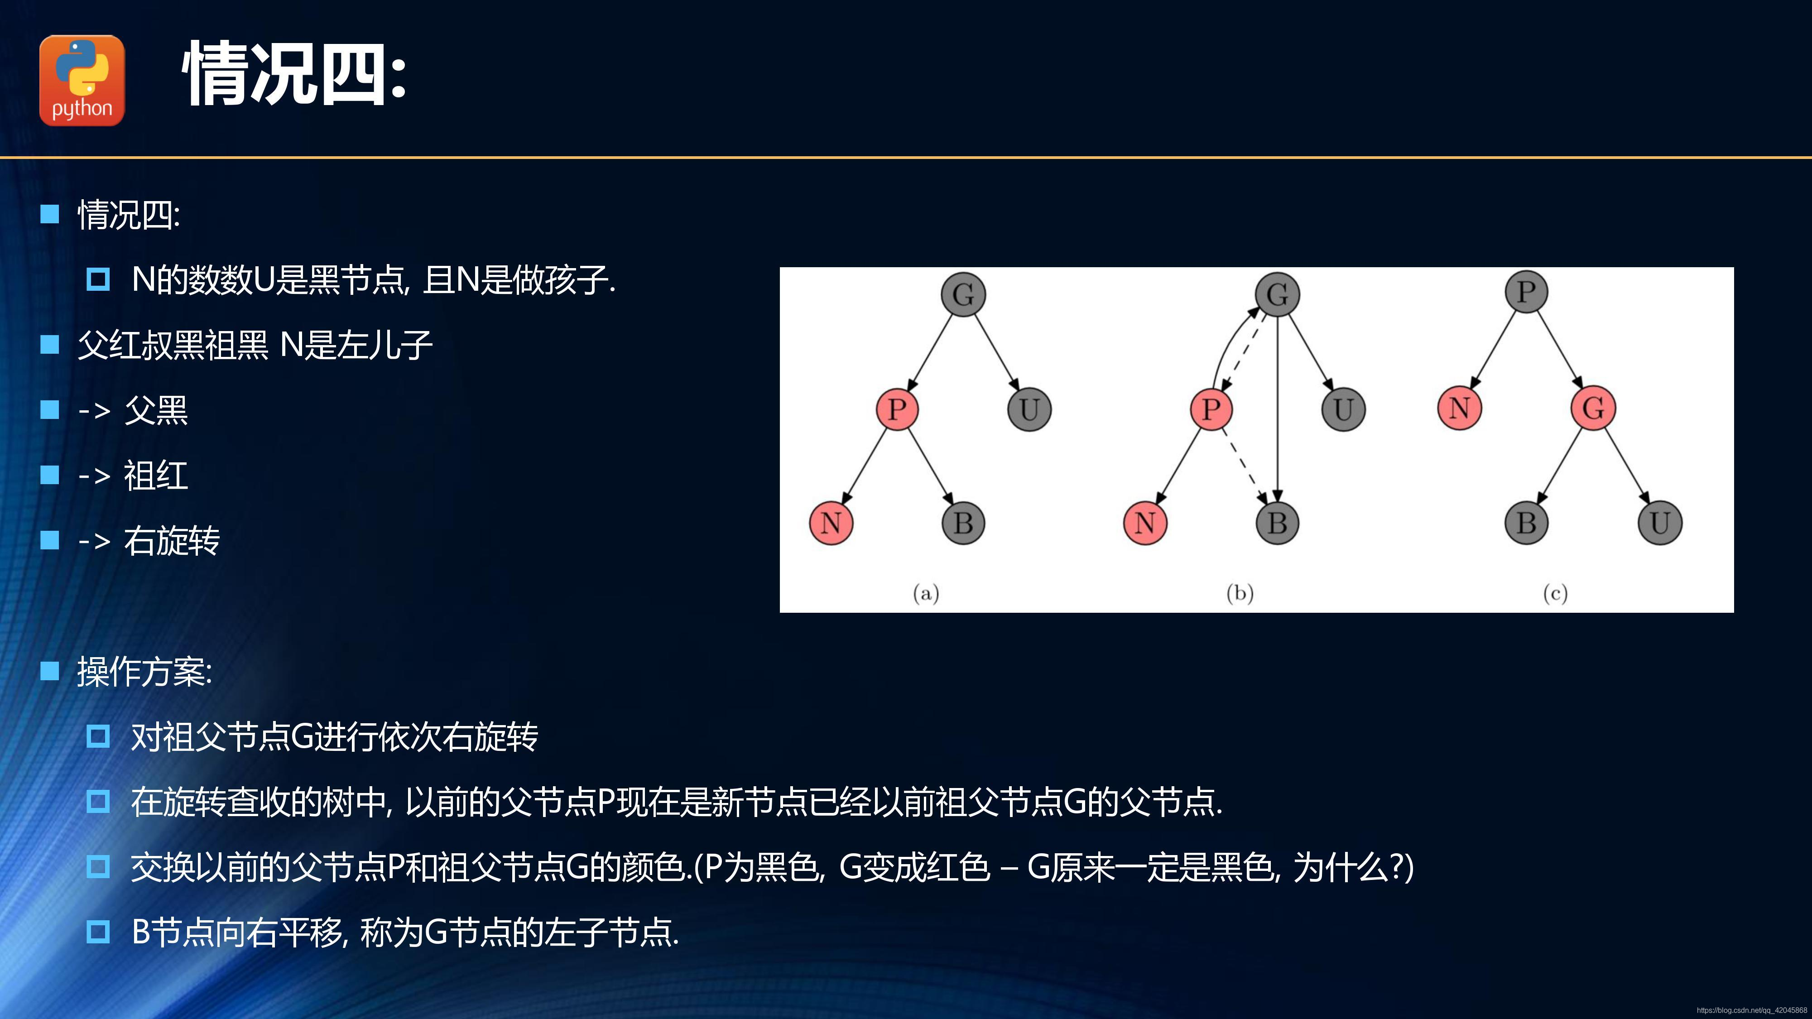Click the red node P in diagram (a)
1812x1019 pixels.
[897, 409]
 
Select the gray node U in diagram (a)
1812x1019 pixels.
[1029, 409]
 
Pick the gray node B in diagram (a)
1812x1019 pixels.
[963, 523]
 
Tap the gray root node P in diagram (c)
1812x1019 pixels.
[1526, 291]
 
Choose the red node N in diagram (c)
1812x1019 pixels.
[1460, 407]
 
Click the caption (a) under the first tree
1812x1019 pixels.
[926, 594]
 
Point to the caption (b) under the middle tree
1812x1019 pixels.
[1240, 594]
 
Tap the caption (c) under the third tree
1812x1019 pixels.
[1555, 594]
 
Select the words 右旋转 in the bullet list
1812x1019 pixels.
[172, 541]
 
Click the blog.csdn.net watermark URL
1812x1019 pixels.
[1751, 1010]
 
